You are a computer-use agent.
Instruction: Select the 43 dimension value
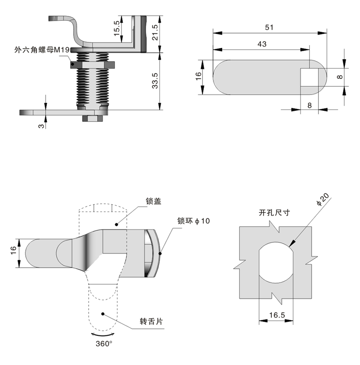(262, 44)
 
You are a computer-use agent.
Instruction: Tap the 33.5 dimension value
(155, 81)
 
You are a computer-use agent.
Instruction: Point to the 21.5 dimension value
(155, 33)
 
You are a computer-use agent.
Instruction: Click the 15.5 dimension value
(117, 28)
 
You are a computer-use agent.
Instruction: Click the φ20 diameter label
(323, 199)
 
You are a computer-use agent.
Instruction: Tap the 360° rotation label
(104, 343)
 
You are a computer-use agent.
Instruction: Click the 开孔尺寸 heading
(275, 212)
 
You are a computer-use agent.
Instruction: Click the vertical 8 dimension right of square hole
(339, 77)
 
